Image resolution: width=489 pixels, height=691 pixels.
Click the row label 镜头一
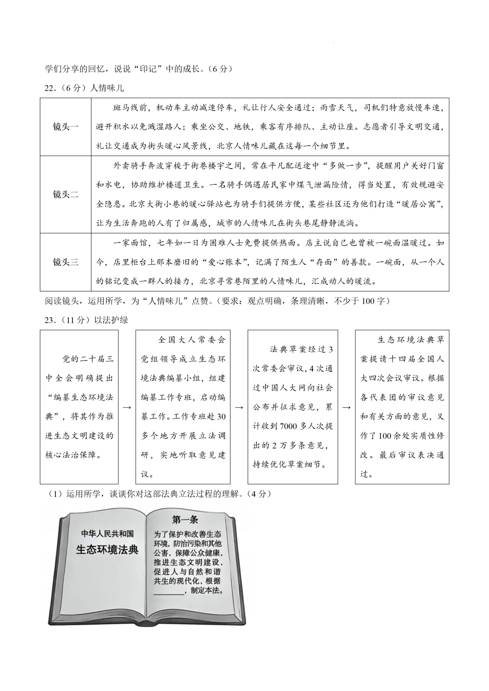pyautogui.click(x=66, y=127)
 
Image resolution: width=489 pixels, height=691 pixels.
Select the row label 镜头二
pyautogui.click(x=66, y=195)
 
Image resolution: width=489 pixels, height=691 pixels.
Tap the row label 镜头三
pyautogui.click(x=66, y=262)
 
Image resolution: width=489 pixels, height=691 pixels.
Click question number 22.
pyautogui.click(x=50, y=88)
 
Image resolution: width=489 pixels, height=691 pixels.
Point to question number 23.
pyautogui.click(x=50, y=320)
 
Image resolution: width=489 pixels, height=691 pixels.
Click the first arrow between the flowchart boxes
pyautogui.click(x=127, y=407)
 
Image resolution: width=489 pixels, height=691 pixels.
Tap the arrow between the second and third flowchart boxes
pyautogui.click(x=239, y=407)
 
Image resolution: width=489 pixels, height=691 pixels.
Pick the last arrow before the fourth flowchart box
pyautogui.click(x=346, y=407)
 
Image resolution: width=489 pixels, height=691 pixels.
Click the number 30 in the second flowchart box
pyautogui.click(x=221, y=416)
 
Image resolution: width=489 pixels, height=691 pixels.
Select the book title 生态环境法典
pyautogui.click(x=107, y=549)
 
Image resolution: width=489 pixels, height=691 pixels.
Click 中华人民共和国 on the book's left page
pyautogui.click(x=107, y=534)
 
